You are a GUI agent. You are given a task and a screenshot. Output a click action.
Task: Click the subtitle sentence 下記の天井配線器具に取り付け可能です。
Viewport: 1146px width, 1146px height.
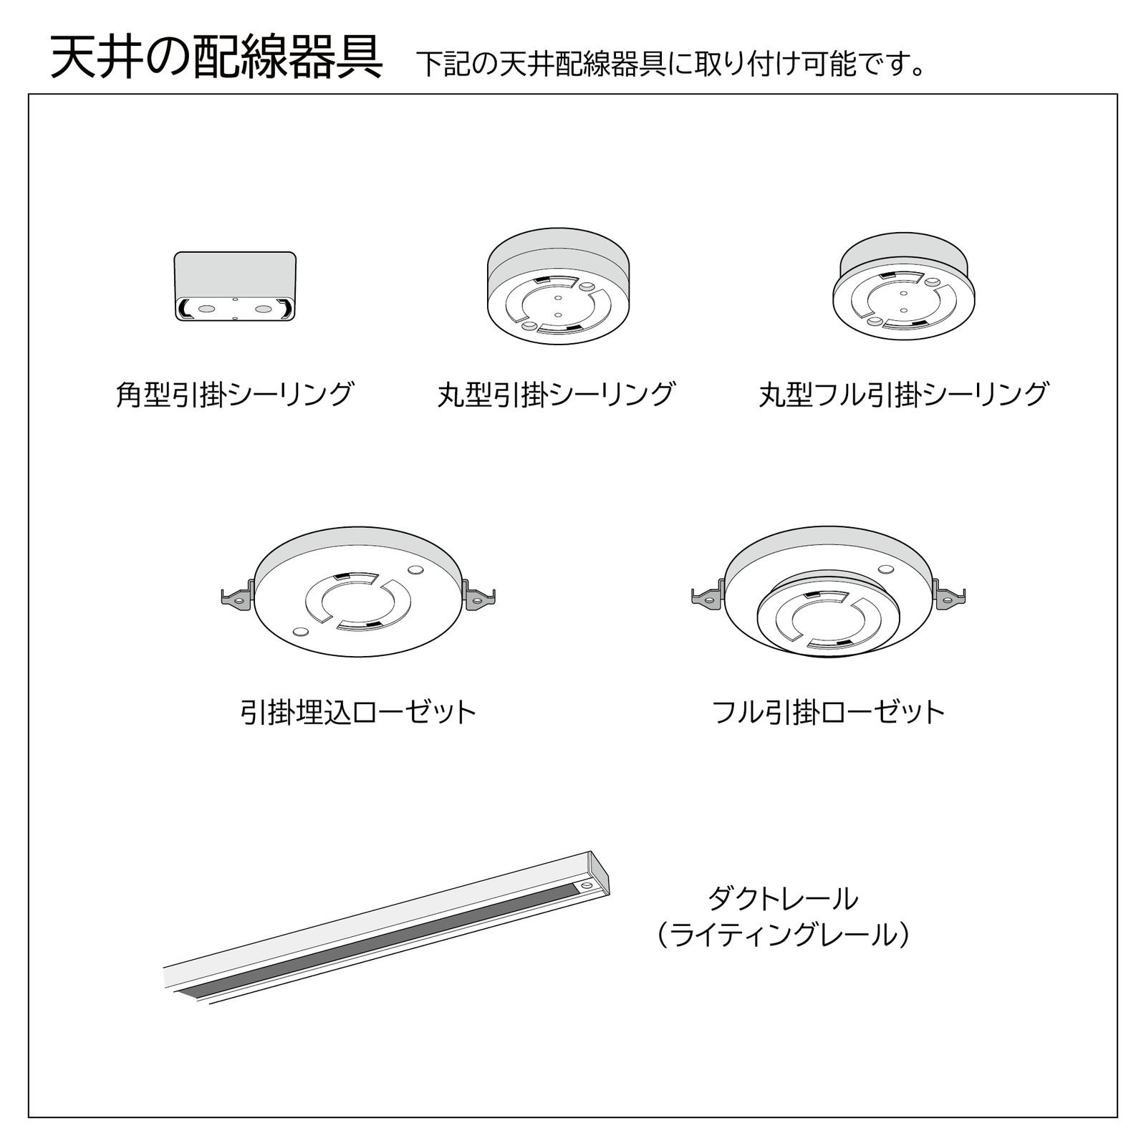pos(672,64)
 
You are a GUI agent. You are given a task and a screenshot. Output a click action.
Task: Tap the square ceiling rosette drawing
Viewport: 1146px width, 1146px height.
pos(235,286)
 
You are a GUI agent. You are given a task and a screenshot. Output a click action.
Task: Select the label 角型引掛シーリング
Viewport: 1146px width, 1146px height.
pos(235,394)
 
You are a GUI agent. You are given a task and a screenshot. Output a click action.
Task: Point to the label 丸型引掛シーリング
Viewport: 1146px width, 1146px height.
pos(557,394)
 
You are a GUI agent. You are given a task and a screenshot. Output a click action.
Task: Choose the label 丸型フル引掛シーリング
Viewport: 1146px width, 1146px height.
pos(904,394)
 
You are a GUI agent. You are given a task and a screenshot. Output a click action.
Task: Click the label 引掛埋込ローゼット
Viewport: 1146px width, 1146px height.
pos(358,712)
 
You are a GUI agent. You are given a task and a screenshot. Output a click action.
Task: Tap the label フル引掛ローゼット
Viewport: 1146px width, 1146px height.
pos(829,712)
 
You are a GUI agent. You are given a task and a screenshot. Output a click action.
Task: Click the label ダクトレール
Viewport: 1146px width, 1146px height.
pos(783,898)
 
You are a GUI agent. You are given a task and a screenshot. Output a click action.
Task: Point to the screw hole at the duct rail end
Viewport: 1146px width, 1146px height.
pos(587,887)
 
